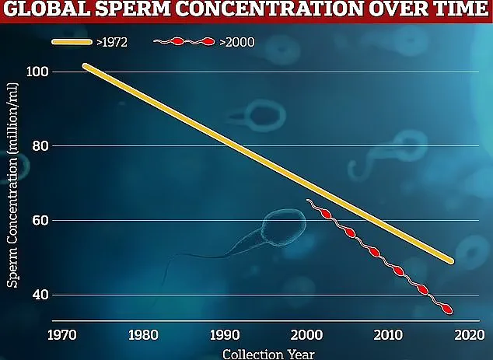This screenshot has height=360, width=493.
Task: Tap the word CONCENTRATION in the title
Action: [269, 10]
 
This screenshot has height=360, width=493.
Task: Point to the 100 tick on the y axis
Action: [38, 72]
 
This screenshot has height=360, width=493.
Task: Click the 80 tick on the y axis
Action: [40, 146]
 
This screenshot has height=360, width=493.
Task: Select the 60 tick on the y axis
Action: [40, 221]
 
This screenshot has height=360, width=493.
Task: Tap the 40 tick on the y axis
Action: [40, 295]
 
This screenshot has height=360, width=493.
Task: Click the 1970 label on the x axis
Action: [60, 336]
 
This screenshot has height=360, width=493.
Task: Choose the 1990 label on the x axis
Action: [223, 336]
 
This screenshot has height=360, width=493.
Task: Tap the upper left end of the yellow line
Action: [86, 67]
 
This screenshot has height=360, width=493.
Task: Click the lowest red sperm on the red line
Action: [446, 309]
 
